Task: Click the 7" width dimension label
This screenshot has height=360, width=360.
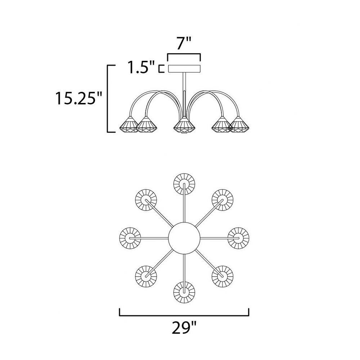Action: click(184, 43)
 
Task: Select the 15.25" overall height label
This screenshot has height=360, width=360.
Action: click(78, 98)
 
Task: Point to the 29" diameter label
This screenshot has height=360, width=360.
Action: click(184, 328)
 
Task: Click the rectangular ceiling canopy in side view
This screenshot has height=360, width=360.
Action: click(184, 69)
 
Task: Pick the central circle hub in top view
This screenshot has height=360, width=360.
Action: click(184, 238)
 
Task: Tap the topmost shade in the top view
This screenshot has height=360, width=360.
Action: click(184, 184)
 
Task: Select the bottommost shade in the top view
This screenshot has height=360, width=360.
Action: click(184, 292)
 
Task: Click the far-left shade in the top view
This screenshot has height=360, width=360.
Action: click(130, 238)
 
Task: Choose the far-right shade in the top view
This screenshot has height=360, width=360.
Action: click(238, 238)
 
